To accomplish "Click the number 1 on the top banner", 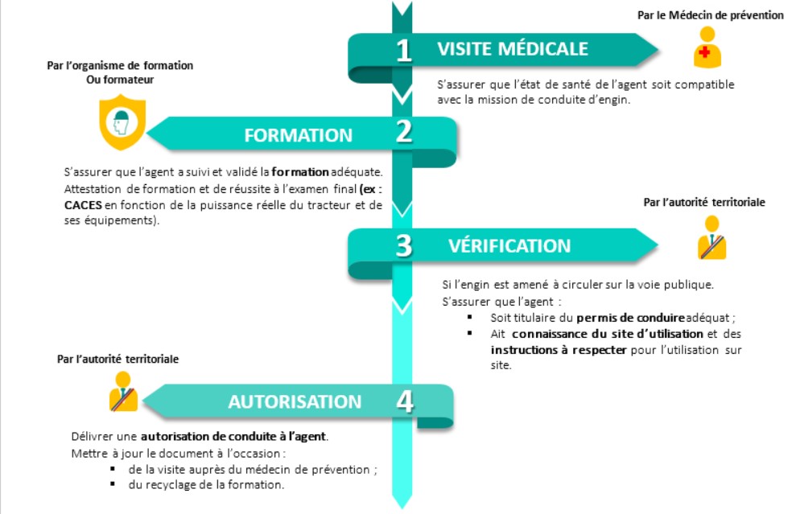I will (403, 50).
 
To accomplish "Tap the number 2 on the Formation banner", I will (403, 132).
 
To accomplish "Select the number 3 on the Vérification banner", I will (403, 245).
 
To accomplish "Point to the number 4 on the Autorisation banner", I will (403, 400).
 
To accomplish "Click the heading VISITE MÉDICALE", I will (513, 49).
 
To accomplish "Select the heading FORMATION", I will (299, 135).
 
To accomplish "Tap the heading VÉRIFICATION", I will (509, 246).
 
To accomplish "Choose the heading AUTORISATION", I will (295, 401).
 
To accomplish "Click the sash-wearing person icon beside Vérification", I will (711, 239).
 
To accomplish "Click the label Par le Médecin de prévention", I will (709, 15).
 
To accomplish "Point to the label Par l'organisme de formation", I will (120, 65).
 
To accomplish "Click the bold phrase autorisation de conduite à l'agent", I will (234, 437).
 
